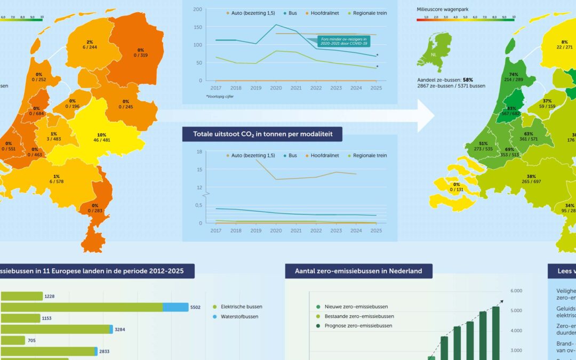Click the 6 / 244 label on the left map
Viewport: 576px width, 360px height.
coord(89,47)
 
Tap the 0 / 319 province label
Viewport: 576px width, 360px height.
coord(140,55)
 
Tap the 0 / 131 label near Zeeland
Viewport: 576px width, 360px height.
coord(457,189)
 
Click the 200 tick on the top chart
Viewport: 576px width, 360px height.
coord(197,10)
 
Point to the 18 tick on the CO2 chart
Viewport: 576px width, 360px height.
coord(199,152)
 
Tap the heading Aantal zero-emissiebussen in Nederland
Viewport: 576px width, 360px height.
coord(358,271)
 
